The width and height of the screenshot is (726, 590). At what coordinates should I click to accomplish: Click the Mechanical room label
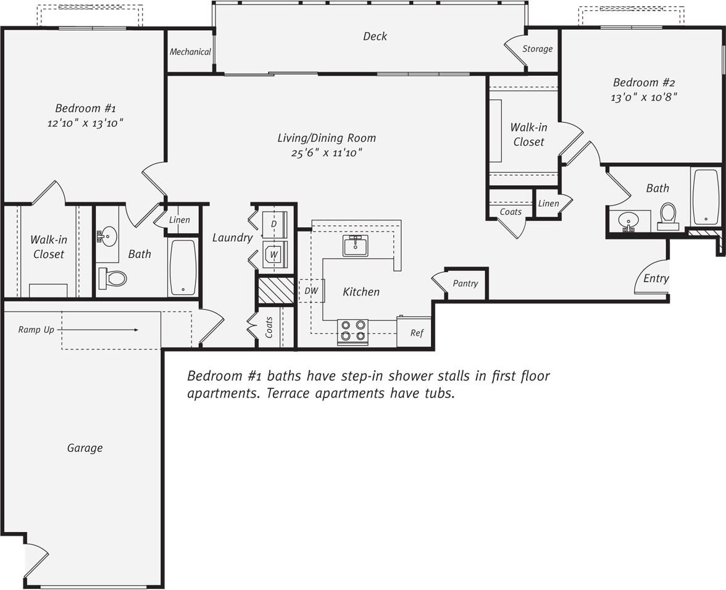coord(190,52)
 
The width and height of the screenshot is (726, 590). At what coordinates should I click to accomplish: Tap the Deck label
coord(375,36)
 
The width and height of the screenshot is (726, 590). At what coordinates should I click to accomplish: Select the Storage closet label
coord(537,49)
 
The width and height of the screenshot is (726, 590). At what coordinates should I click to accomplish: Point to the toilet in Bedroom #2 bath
coord(668,215)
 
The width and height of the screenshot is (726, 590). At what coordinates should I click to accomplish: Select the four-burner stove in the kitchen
coord(353,331)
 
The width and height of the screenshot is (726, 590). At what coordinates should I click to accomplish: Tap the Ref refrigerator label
coord(417,333)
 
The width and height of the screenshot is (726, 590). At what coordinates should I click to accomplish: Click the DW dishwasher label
coord(311,291)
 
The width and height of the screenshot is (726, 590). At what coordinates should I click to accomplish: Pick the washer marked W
coord(274,254)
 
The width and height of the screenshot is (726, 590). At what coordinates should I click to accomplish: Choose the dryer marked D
coord(274,224)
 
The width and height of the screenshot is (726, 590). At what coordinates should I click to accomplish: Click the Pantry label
coord(465,283)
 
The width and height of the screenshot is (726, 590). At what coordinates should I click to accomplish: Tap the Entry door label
coord(656,278)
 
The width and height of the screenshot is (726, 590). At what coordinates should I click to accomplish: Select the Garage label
coord(85,448)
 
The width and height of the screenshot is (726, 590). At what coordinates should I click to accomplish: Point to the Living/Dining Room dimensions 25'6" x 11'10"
coord(326,153)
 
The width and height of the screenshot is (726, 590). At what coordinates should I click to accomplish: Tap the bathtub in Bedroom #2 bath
coord(706,197)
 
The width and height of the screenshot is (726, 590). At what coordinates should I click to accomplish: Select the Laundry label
coord(232,238)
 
